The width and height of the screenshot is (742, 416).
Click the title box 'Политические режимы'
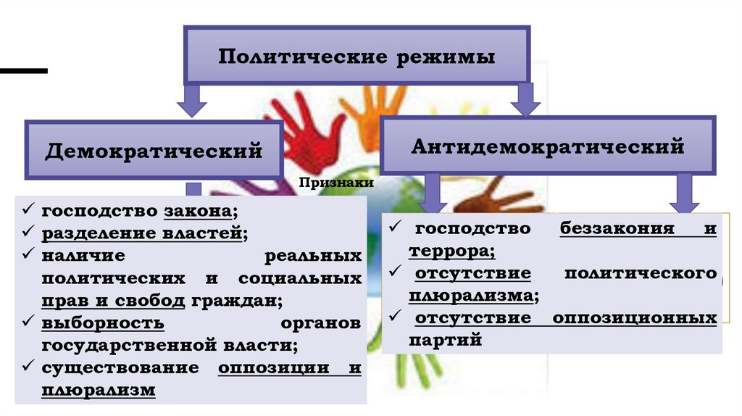(357, 56)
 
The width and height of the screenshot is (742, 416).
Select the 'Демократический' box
(154, 151)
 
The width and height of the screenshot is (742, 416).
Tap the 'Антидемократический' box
(548, 146)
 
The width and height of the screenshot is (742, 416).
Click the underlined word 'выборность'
(103, 323)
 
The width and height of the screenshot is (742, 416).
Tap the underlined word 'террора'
(451, 251)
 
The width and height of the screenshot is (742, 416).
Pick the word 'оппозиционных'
(635, 318)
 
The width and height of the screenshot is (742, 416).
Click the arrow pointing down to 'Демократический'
(193, 101)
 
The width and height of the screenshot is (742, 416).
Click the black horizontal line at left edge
(23, 71)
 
